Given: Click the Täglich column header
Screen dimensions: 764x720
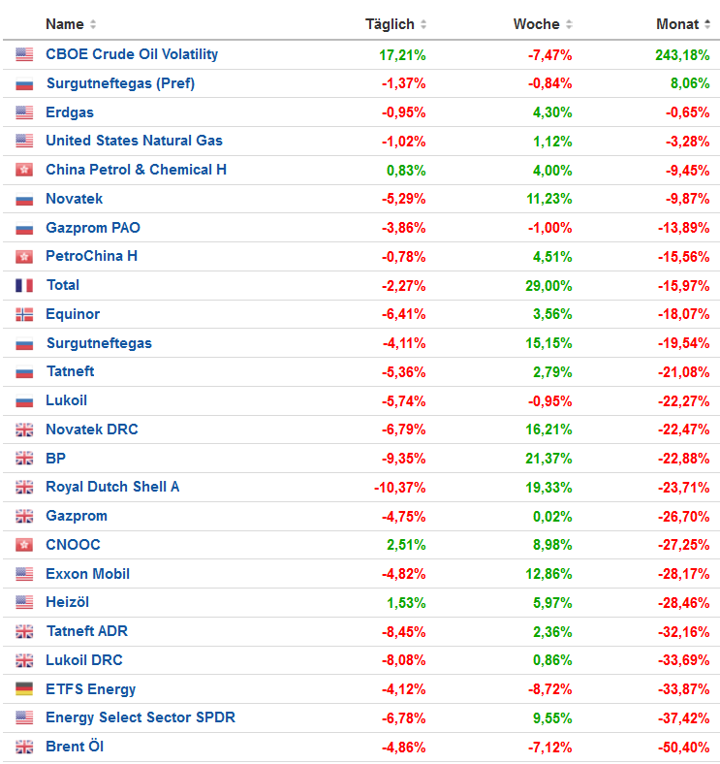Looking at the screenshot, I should (x=390, y=24).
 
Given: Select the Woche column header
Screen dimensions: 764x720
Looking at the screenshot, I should (x=536, y=24).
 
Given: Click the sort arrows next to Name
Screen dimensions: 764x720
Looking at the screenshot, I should (x=93, y=24).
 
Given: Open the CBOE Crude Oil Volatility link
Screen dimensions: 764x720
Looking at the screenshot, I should (x=132, y=54).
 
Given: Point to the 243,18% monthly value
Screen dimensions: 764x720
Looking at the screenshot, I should (x=682, y=54).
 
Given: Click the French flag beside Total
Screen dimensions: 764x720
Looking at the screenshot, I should (x=24, y=285).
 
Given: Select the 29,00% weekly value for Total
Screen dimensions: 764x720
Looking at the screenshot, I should (x=548, y=285).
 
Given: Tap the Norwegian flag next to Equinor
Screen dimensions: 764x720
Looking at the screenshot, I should (x=24, y=314).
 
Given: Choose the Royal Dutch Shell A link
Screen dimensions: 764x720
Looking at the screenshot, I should (x=112, y=487).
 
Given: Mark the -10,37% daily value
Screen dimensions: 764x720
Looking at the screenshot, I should (x=400, y=487).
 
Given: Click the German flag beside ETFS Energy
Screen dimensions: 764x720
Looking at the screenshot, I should (x=24, y=689).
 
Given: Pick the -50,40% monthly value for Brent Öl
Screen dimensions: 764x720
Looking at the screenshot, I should (x=685, y=747).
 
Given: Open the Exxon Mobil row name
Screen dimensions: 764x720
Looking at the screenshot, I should (x=87, y=574).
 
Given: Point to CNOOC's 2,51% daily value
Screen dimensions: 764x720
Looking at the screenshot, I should (x=406, y=545).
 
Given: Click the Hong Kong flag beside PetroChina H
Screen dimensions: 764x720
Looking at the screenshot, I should (x=24, y=256).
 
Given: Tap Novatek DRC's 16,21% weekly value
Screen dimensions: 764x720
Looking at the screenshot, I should (x=548, y=430).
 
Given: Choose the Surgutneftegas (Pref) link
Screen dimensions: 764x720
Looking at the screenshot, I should (x=120, y=83).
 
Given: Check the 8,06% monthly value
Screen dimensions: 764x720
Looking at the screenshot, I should (x=690, y=83).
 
